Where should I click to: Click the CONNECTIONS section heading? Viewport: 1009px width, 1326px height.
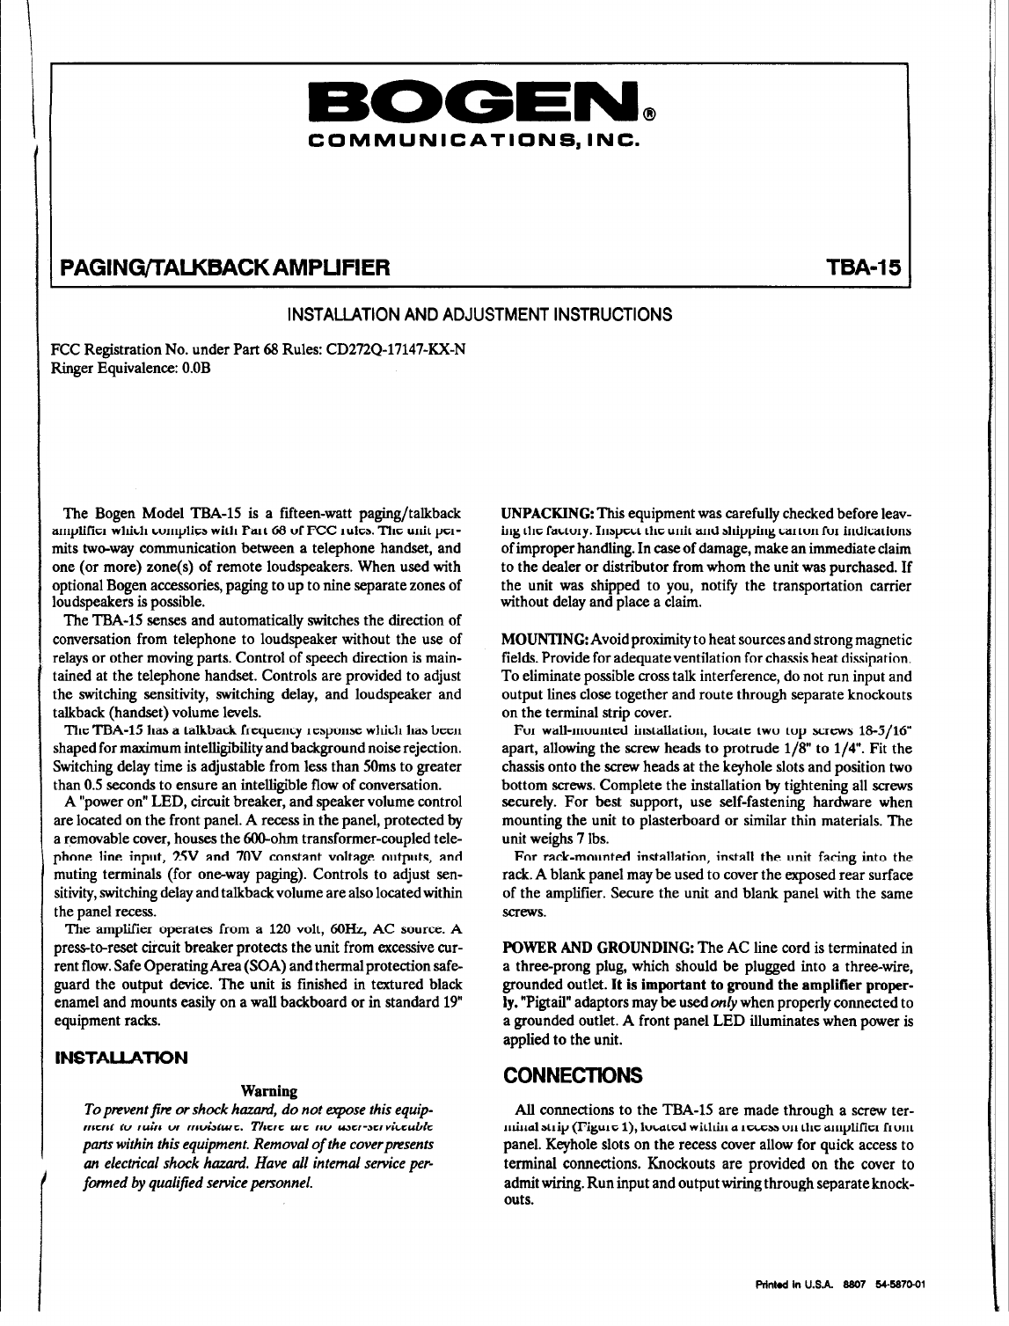click(x=572, y=1076)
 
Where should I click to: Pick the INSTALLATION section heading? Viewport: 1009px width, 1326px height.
click(x=121, y=1057)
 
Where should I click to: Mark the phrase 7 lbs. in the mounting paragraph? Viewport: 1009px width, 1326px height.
click(x=577, y=839)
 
